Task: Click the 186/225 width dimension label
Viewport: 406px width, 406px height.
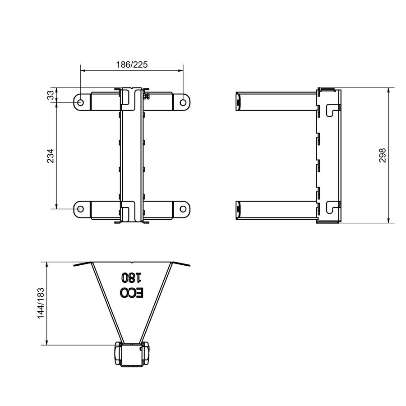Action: point(132,65)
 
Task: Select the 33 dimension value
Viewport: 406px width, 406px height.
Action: point(51,95)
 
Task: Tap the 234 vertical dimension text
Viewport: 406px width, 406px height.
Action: point(51,156)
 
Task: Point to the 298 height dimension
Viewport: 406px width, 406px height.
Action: point(382,156)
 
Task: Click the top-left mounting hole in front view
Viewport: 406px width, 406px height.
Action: point(80,103)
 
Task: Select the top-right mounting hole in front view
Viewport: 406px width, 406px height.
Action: point(183,103)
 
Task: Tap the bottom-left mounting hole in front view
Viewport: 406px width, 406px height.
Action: point(80,209)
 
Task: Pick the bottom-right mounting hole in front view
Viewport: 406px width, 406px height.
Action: point(183,209)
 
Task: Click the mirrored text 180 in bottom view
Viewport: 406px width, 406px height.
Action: point(131,277)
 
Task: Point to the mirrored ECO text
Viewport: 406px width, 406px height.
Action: point(132,292)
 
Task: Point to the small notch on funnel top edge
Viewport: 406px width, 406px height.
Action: point(131,263)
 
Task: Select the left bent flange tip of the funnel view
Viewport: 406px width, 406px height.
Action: point(76,266)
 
